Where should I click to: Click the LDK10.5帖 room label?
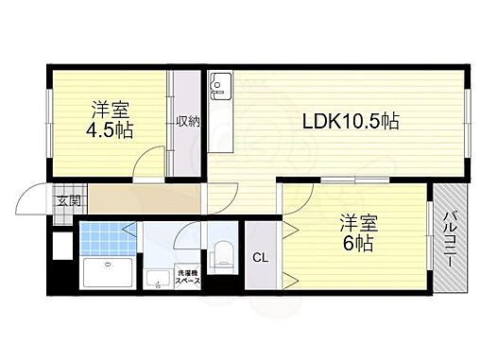tap(351, 121)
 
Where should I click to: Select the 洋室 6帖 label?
tap(359, 232)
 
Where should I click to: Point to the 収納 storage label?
tap(185, 121)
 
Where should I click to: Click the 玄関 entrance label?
tap(67, 200)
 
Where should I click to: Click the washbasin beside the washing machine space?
tap(155, 278)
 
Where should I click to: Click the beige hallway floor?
tap(142, 199)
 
